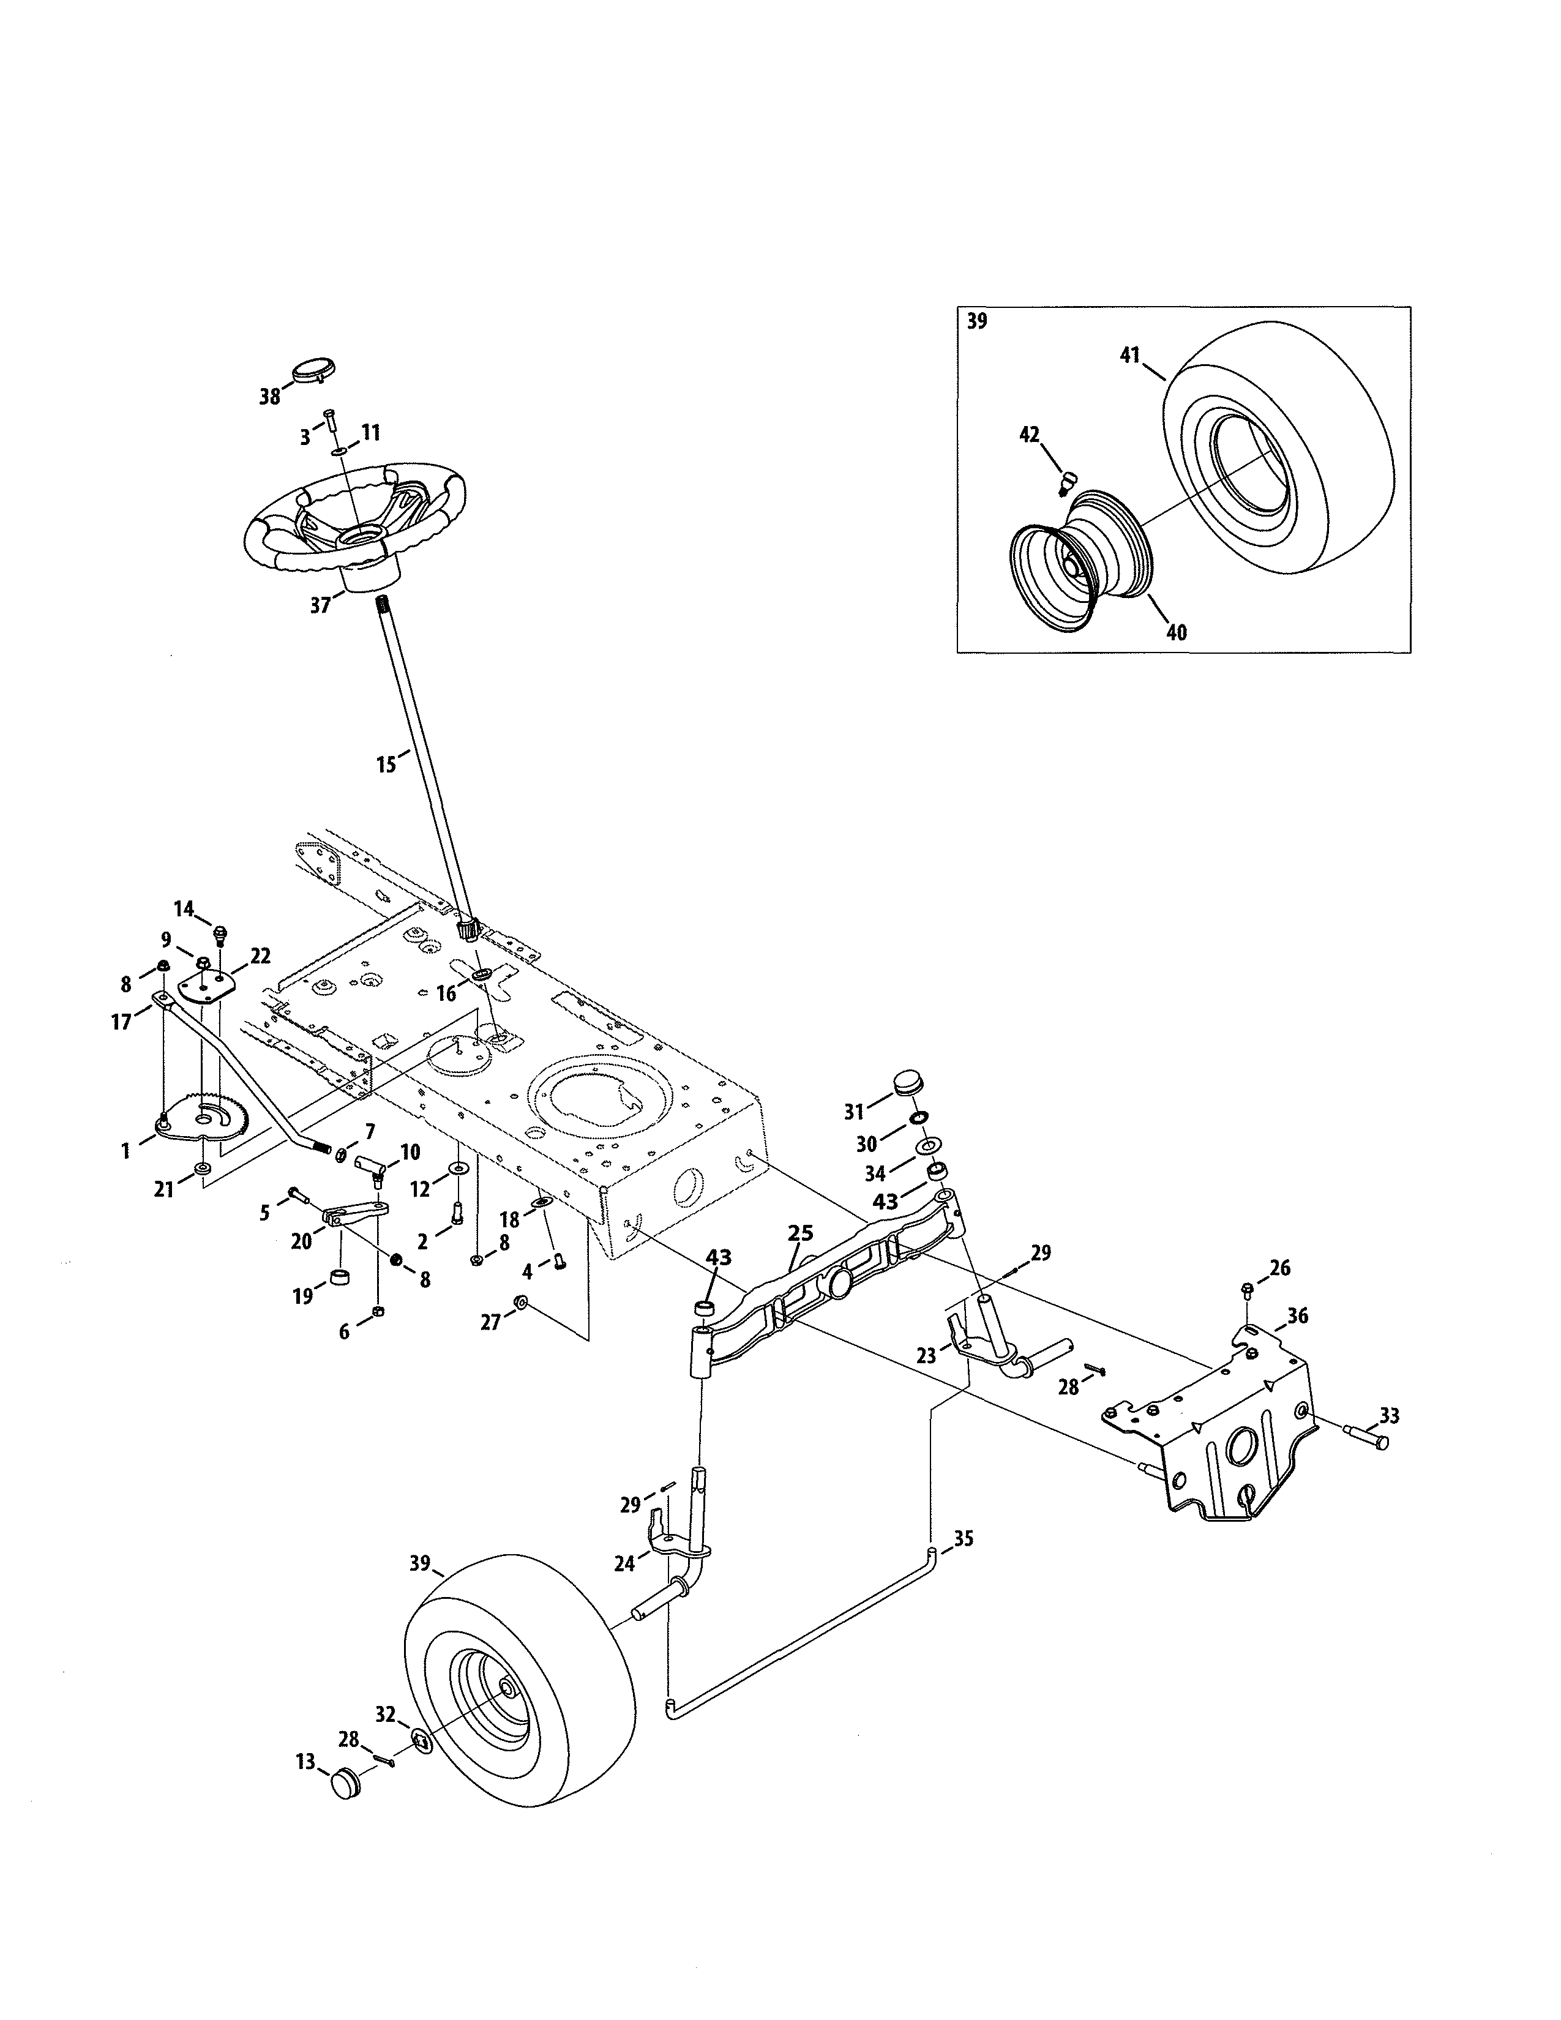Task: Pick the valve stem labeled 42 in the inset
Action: [x=1068, y=481]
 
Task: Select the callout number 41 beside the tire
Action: [x=1130, y=355]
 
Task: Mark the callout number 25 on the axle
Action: [x=800, y=1233]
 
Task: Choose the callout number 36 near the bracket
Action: [x=1297, y=1315]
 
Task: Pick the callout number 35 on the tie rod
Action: [x=964, y=1539]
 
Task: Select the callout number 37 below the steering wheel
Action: [x=320, y=606]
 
